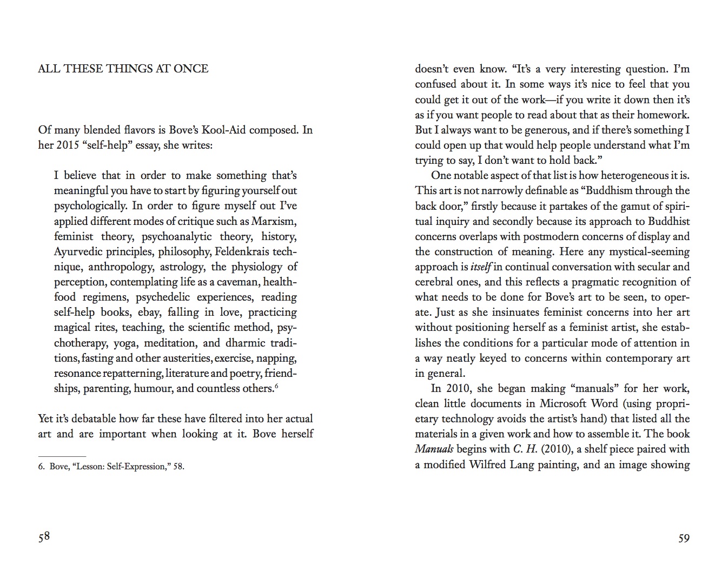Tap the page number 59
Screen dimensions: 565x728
684,538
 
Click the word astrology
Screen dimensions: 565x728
182,267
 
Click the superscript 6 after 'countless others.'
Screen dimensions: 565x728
276,386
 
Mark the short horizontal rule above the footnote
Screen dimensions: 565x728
62,456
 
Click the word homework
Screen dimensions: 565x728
664,115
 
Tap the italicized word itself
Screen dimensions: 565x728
480,267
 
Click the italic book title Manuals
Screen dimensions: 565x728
434,449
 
